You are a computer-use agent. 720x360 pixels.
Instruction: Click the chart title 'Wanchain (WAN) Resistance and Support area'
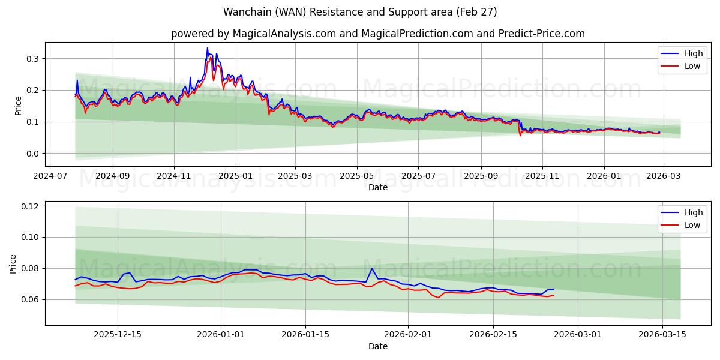[360, 12]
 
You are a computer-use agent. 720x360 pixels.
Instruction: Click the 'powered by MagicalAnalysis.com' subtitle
[378, 34]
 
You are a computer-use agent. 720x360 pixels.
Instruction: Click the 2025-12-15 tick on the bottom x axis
[118, 334]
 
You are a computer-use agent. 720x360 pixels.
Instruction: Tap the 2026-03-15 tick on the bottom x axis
[662, 334]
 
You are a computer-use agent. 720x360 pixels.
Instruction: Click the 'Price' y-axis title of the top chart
[18, 105]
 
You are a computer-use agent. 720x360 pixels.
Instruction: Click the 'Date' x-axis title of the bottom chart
[378, 346]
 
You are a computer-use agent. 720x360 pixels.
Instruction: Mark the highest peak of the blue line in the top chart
[208, 48]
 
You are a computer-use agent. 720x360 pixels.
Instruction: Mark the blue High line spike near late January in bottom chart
[372, 268]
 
